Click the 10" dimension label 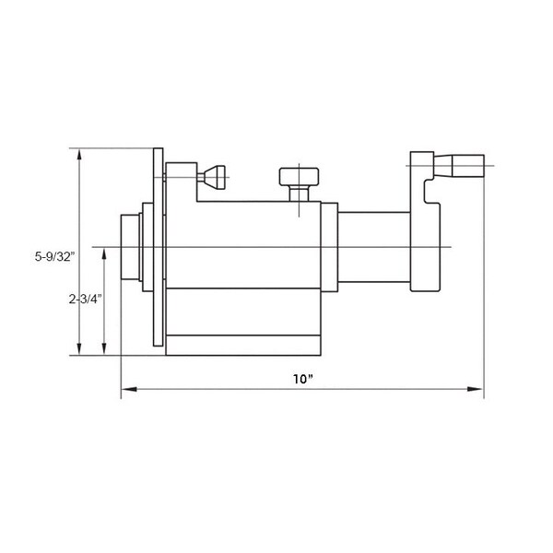coord(303,379)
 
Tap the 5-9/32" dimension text coord(55,256)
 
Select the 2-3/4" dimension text coord(86,300)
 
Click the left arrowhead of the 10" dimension coord(129,389)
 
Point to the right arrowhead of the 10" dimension coord(475,389)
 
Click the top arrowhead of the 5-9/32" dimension coord(79,157)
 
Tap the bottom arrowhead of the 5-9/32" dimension coord(79,347)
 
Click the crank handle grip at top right coord(468,165)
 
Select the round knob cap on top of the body coord(299,177)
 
